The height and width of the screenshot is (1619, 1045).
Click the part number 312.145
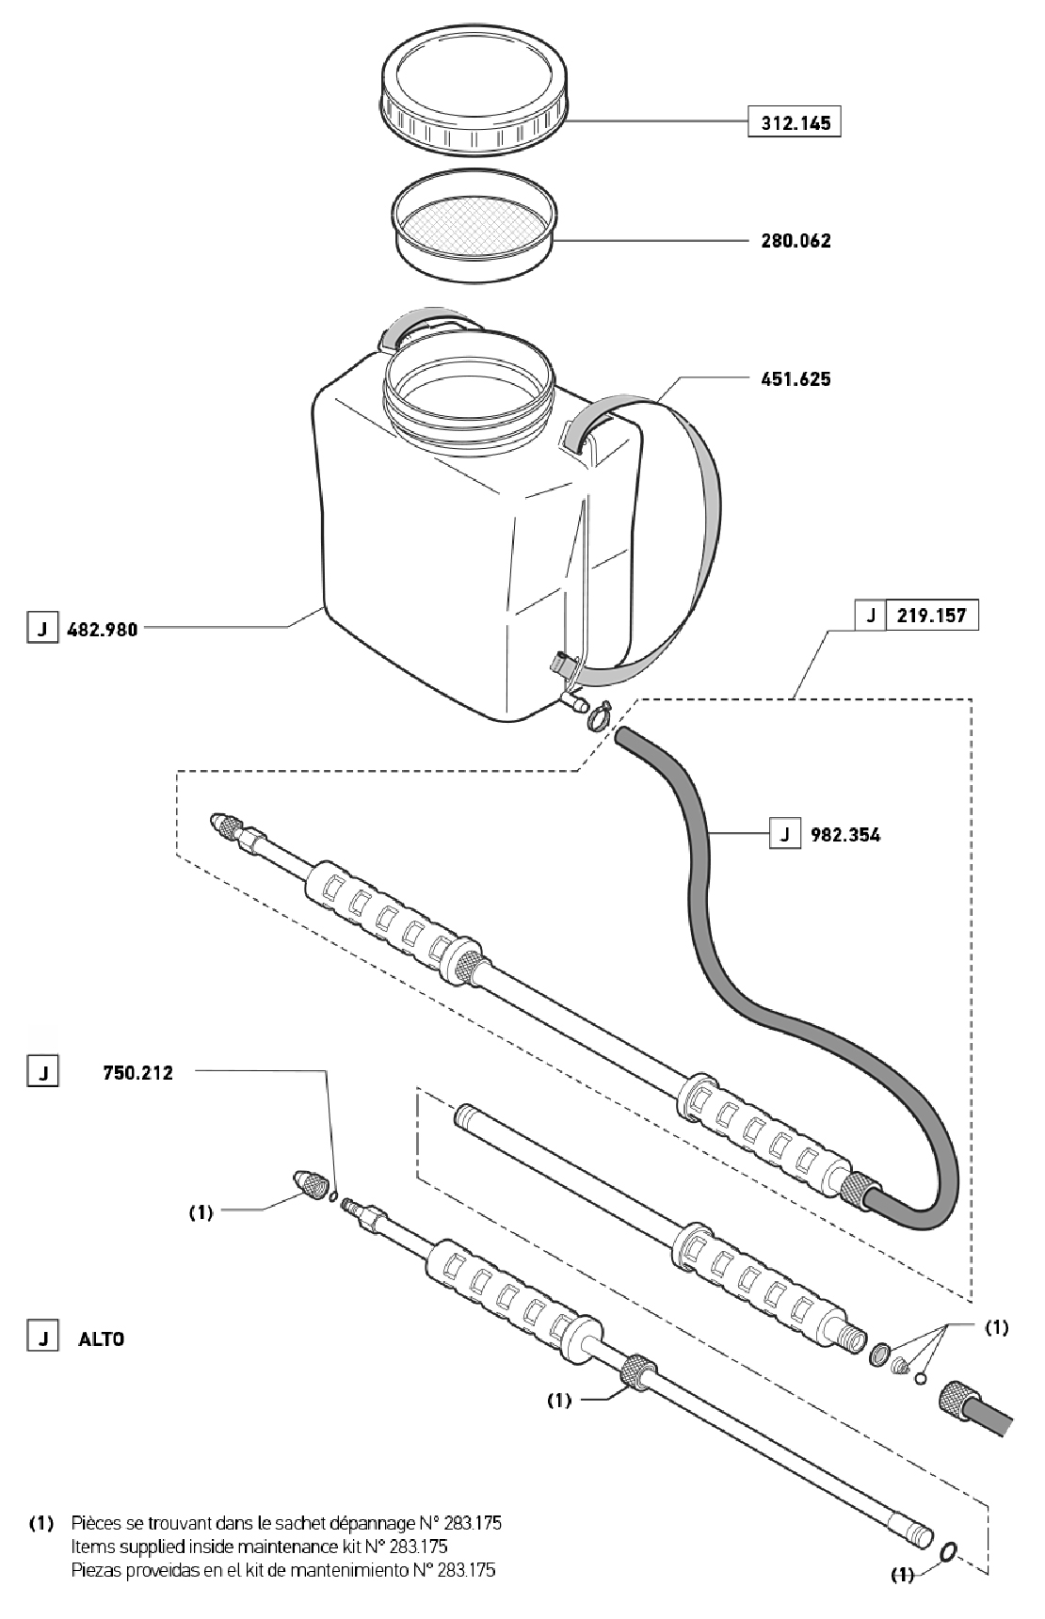pyautogui.click(x=794, y=123)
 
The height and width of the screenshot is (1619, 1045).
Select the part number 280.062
pyautogui.click(x=796, y=241)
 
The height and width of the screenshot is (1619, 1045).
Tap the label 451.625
pyautogui.click(x=796, y=379)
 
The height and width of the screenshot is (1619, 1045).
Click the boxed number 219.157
pyautogui.click(x=932, y=616)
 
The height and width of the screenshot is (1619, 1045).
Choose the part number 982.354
pyautogui.click(x=845, y=834)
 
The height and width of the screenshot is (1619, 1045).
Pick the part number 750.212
pyautogui.click(x=137, y=1072)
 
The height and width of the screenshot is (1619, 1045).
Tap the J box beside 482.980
pyautogui.click(x=40, y=629)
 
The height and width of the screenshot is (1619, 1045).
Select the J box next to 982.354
pyautogui.click(x=784, y=834)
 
